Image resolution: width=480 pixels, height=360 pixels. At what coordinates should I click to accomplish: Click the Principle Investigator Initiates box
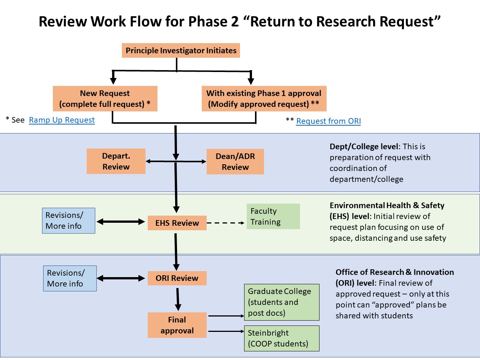point(181,51)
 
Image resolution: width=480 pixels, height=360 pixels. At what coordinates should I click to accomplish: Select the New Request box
point(105,99)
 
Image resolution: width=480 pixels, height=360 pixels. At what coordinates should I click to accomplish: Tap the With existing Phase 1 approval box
point(264,99)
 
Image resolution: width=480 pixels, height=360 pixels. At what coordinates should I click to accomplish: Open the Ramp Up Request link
point(62,120)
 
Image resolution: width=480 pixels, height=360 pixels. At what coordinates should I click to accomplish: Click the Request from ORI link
point(328,121)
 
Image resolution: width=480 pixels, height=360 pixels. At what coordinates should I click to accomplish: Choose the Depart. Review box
point(116,161)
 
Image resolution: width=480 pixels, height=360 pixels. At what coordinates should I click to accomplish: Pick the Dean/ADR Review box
point(235,162)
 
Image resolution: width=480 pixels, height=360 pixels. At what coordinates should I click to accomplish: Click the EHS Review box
point(177,223)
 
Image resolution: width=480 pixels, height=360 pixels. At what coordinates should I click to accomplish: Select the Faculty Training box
point(273,216)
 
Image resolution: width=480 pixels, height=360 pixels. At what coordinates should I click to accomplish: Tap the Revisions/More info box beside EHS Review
point(69,220)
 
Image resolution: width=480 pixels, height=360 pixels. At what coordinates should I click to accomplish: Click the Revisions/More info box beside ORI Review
point(70,278)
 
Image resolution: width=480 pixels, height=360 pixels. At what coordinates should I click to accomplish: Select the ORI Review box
point(177,278)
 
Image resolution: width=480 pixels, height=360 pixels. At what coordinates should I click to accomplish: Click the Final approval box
point(177,325)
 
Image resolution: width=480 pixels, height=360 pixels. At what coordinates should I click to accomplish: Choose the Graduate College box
point(281,302)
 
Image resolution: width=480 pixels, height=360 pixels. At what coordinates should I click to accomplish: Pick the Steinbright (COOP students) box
point(281,338)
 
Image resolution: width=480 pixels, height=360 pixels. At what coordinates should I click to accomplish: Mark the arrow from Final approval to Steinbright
point(226,331)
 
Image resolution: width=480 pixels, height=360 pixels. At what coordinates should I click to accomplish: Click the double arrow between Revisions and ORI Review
point(121,278)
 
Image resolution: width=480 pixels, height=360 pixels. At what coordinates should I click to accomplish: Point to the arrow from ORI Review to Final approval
point(178,299)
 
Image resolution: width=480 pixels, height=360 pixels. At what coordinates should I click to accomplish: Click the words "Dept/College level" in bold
point(363,147)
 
